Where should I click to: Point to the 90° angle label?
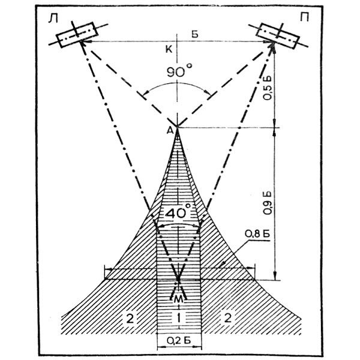(178, 70)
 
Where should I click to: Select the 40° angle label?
(178, 212)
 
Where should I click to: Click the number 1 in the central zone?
(178, 316)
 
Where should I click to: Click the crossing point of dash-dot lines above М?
(178, 280)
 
